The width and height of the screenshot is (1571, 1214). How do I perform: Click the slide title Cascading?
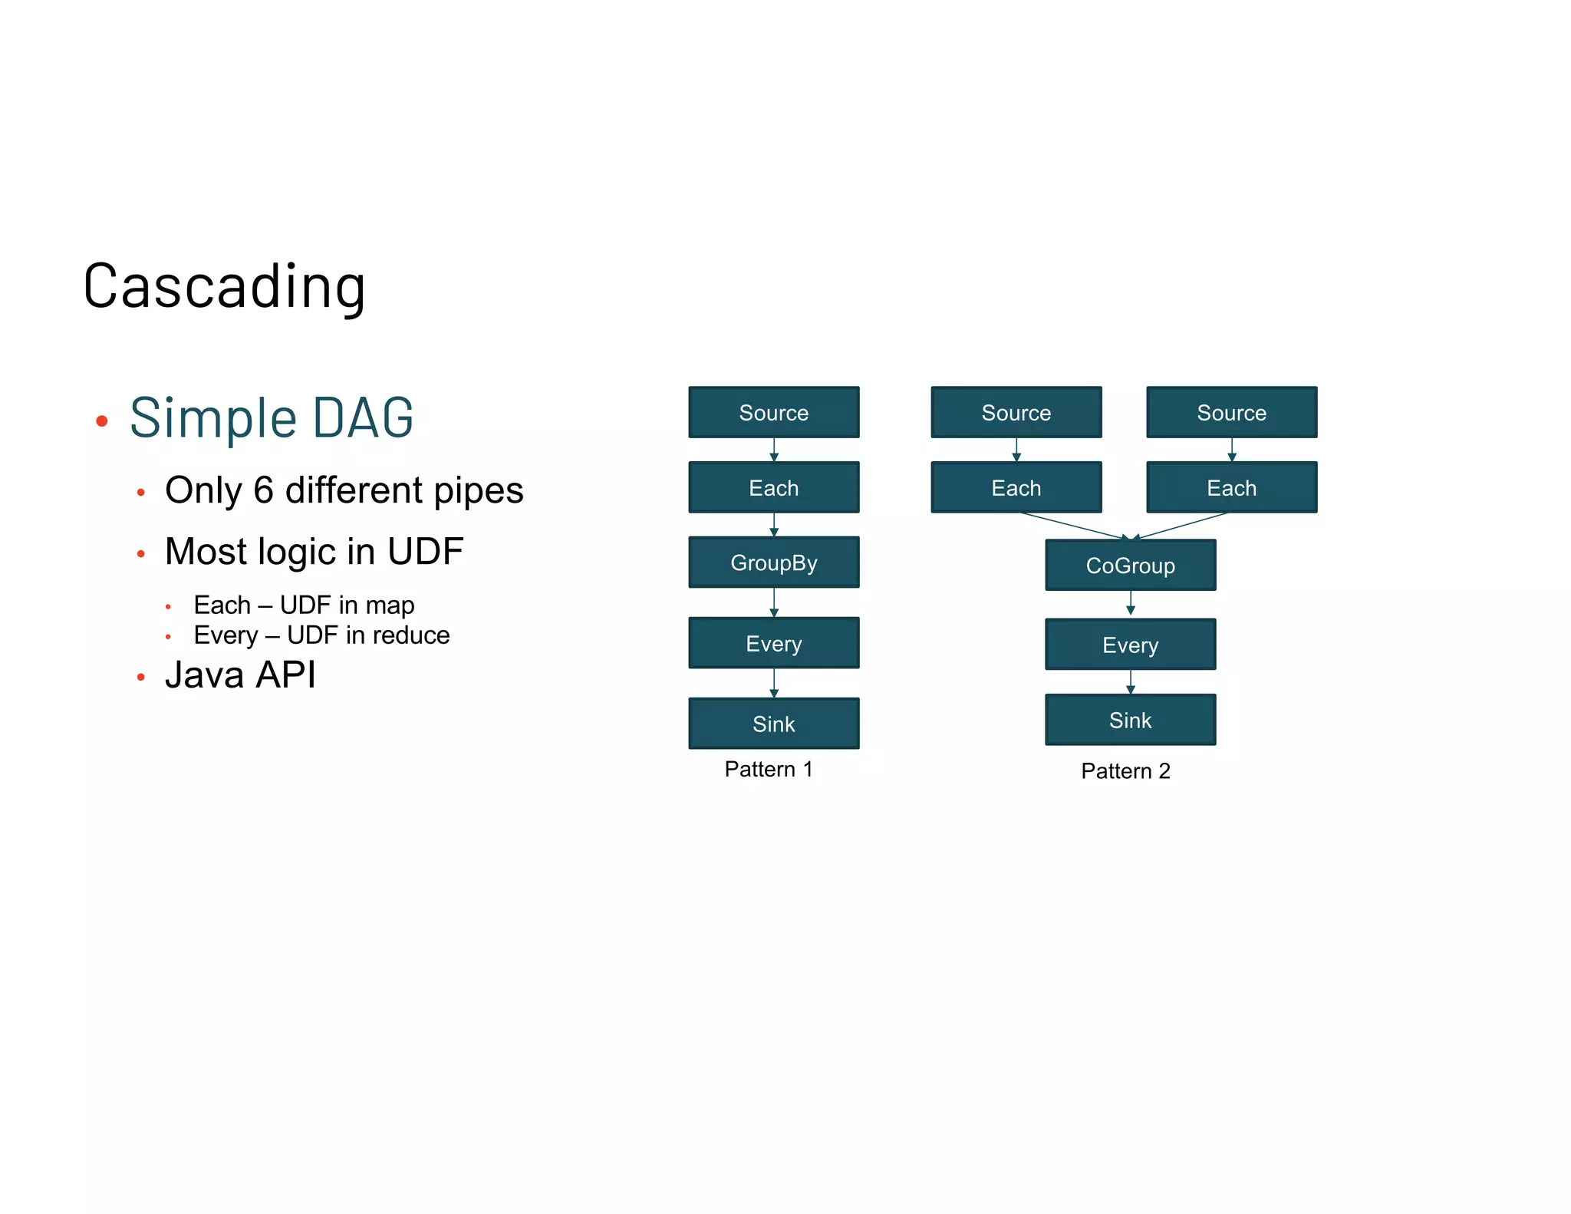(x=224, y=286)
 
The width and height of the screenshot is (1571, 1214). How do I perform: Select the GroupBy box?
(x=773, y=562)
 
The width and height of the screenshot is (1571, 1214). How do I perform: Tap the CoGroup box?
(x=1130, y=566)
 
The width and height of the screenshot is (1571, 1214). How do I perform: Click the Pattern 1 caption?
(x=768, y=769)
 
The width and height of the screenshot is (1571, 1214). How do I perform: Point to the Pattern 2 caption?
(x=1125, y=770)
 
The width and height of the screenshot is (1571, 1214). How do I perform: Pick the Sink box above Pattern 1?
(x=773, y=724)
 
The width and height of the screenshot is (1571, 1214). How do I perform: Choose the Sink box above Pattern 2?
(x=1130, y=720)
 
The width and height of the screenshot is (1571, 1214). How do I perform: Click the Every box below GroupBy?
(x=773, y=643)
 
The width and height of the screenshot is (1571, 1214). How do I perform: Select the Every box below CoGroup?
(x=1130, y=645)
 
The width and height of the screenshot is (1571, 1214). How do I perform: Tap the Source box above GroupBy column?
(x=773, y=413)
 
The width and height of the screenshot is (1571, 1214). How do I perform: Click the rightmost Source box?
(x=1231, y=413)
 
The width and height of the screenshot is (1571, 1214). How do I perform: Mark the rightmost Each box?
(x=1231, y=488)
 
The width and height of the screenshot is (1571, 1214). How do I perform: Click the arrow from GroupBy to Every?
(x=774, y=602)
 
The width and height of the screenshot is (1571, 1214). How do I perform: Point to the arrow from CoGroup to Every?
(x=1131, y=602)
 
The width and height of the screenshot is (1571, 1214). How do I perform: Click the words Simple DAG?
(x=272, y=418)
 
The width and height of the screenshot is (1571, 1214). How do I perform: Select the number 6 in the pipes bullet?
(x=263, y=490)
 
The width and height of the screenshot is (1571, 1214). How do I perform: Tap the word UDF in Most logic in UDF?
(x=425, y=552)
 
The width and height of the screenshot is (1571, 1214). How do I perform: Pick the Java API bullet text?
(x=240, y=675)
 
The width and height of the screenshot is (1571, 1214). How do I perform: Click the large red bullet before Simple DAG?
(x=101, y=421)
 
